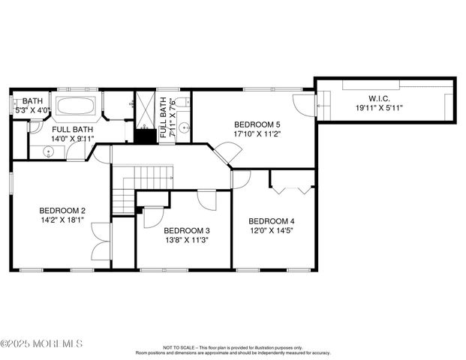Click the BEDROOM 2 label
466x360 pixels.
[x=62, y=211]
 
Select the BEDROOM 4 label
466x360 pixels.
[x=272, y=221]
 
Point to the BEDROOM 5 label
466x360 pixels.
[x=257, y=124]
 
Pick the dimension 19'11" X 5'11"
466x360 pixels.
[x=380, y=107]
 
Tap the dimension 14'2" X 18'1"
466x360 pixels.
[x=62, y=220]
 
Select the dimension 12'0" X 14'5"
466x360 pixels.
[x=272, y=231]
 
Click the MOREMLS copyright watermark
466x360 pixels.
[x=42, y=344]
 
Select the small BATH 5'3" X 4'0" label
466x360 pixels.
[x=33, y=105]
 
